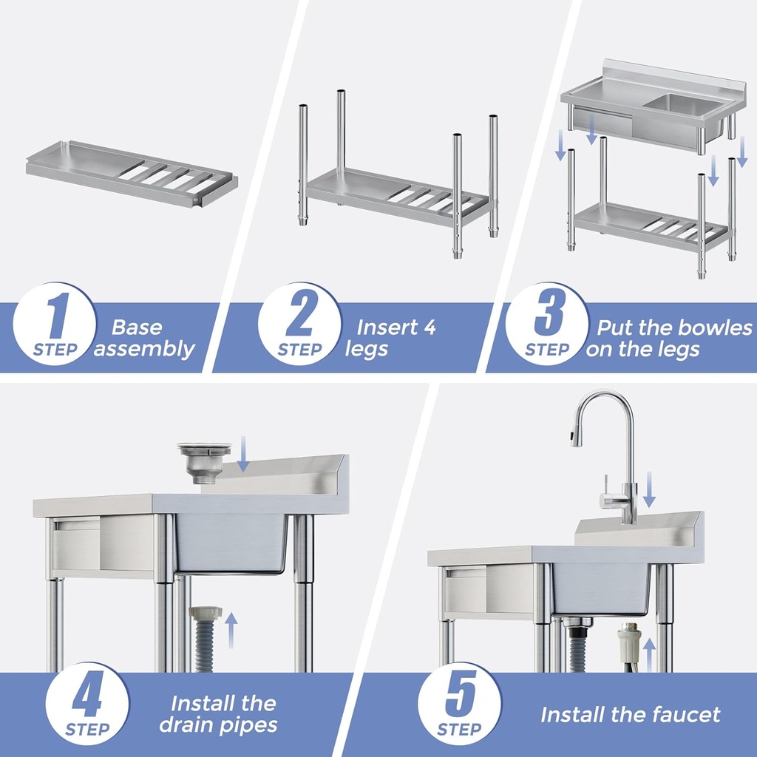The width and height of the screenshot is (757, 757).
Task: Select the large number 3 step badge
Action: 547,324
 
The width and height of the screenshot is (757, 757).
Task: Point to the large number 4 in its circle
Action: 87,703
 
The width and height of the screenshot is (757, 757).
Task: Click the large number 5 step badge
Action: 459,703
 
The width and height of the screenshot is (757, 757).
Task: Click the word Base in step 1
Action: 137,327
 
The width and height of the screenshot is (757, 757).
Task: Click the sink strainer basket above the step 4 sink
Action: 204,461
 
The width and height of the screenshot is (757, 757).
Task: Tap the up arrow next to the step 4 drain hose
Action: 231,629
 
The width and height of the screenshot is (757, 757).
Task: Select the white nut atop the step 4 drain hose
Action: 206,613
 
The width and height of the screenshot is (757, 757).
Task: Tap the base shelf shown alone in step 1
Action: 132,173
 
